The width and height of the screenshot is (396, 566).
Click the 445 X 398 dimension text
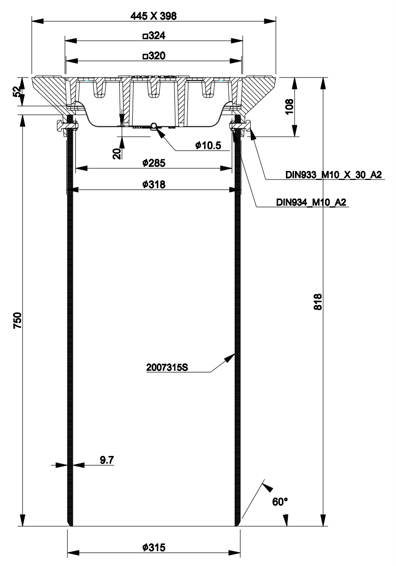click(x=153, y=16)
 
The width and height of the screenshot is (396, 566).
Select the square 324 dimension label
click(x=154, y=36)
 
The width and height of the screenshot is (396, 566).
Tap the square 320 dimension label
click(x=154, y=56)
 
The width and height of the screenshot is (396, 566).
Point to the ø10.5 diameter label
click(x=208, y=145)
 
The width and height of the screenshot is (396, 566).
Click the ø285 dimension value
click(x=154, y=163)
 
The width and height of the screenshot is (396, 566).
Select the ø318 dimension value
click(x=154, y=184)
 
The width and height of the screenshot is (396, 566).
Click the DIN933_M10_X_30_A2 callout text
click(x=334, y=175)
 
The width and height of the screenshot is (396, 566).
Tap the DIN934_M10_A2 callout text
click(x=311, y=202)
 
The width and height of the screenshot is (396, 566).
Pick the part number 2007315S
click(x=167, y=367)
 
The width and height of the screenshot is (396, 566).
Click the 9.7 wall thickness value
click(x=107, y=460)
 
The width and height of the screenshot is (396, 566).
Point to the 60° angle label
click(x=280, y=502)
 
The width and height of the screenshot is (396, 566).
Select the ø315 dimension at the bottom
click(x=154, y=547)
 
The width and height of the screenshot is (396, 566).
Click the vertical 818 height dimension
click(x=318, y=302)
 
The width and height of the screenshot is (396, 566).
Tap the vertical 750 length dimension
click(x=17, y=320)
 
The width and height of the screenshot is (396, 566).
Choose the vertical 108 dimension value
click(x=289, y=107)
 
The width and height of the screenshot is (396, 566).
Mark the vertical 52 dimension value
click(x=17, y=91)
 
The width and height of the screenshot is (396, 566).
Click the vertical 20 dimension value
click(x=117, y=153)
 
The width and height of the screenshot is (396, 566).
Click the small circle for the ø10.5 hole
click(x=154, y=126)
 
